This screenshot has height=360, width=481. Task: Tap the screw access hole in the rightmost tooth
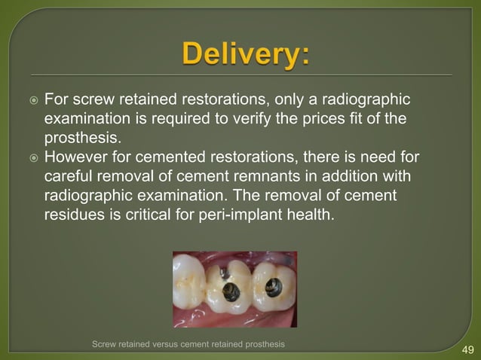pyautogui.click(x=273, y=286)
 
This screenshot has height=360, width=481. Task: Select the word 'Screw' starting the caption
pyautogui.click(x=104, y=344)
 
